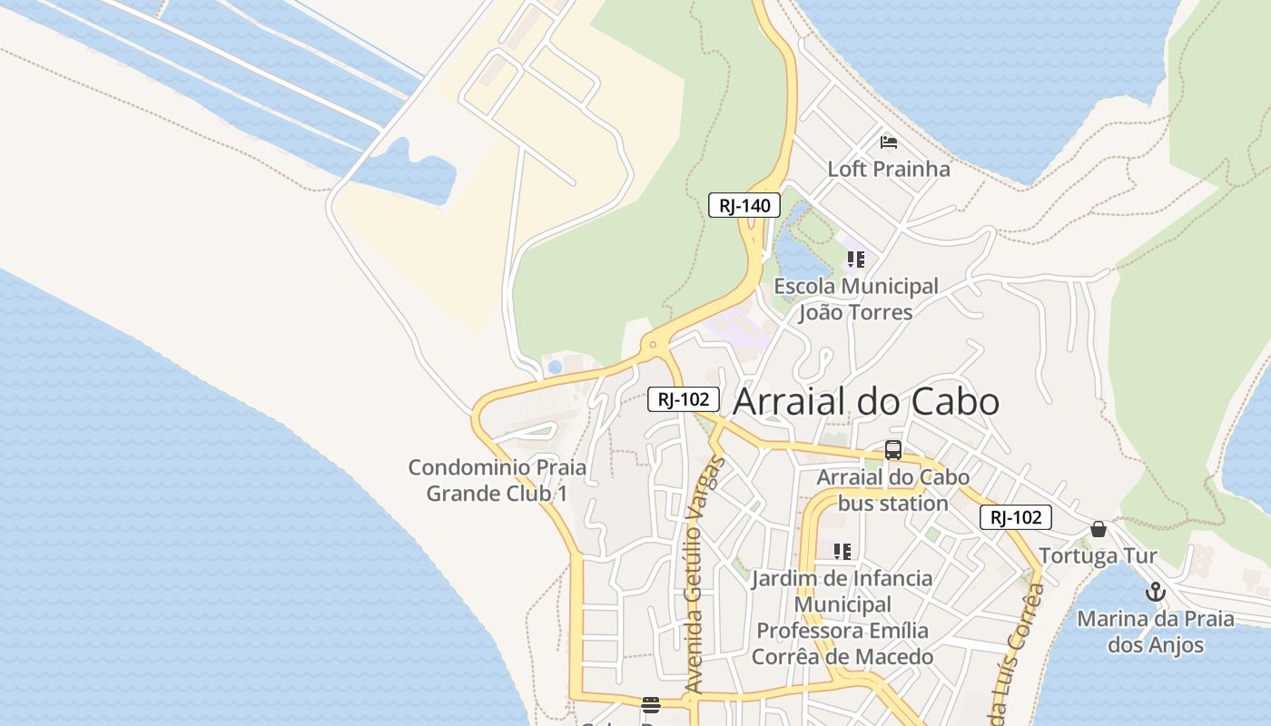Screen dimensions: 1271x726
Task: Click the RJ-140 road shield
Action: point(744,206)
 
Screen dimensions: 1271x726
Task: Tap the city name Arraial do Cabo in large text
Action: point(865,401)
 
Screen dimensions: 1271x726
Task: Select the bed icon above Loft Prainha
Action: point(889,142)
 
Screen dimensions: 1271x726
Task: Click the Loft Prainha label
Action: point(889,169)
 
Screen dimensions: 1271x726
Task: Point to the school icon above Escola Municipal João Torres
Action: point(855,260)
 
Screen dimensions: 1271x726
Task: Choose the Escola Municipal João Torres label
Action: point(855,299)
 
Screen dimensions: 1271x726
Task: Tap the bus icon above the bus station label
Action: point(893,450)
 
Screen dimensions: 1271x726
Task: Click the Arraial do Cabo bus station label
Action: point(892,490)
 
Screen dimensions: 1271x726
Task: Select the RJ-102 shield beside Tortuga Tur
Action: point(1015,517)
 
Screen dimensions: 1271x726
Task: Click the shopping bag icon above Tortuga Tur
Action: point(1099,529)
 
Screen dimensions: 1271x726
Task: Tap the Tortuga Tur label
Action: point(1098,556)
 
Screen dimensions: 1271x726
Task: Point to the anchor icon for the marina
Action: point(1155,593)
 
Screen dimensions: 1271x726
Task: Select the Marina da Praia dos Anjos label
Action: point(1155,633)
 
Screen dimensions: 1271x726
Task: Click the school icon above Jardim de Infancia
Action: point(842,551)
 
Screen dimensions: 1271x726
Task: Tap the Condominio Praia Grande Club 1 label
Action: point(497,481)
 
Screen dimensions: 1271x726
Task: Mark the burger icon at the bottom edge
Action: point(650,705)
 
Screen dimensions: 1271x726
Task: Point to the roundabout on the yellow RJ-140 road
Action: point(652,345)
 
